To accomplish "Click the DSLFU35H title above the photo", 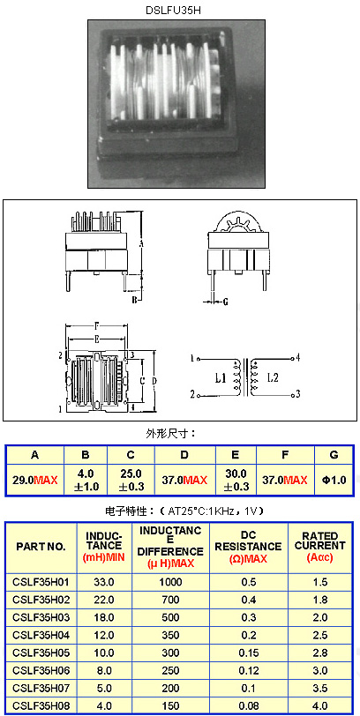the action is (x=173, y=11).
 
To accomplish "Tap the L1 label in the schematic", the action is (x=221, y=377).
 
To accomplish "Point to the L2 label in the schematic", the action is (x=274, y=377).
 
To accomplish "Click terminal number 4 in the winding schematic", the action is (x=297, y=357).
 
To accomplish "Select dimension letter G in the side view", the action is (x=226, y=302).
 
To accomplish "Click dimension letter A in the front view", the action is (x=142, y=244).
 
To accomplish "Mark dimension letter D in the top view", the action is (x=154, y=380).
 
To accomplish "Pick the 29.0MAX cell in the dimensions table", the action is (x=34, y=480).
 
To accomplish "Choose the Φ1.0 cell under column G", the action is (x=334, y=480).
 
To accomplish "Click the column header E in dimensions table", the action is (x=236, y=455).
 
